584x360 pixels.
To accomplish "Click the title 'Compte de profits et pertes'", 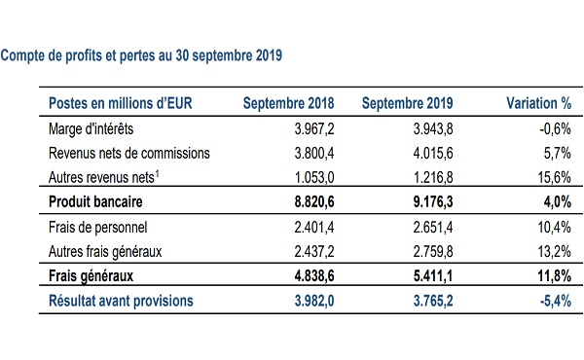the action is tap(87, 55).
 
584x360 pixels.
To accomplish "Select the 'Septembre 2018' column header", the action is tap(289, 103).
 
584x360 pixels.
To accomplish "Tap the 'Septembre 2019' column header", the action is tap(408, 103).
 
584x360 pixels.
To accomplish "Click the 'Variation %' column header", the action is tap(538, 103).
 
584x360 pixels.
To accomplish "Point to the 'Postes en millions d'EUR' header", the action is tap(121, 103).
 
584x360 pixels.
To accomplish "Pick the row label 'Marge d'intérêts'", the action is tap(91, 128).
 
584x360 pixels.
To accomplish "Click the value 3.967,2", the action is tap(314, 128).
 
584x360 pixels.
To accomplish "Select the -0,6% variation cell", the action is tap(556, 128).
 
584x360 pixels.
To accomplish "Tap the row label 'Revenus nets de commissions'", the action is tap(129, 153).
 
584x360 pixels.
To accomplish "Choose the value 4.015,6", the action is tap(433, 153).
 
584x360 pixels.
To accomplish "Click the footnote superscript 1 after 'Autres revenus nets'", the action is tap(157, 173).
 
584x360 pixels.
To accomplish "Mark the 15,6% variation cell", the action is tap(554, 177).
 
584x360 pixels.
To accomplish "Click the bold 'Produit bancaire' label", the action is tap(95, 201).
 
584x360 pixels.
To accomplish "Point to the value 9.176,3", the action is tap(433, 201).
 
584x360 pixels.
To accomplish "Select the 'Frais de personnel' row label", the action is tap(98, 227).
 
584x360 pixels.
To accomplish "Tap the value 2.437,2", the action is tap(314, 251).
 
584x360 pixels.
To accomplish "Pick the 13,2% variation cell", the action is tap(554, 251).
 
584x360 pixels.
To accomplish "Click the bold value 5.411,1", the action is tap(433, 276).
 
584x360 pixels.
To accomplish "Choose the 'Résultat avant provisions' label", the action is tap(121, 301).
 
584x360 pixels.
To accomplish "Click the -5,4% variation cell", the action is tap(556, 301).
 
